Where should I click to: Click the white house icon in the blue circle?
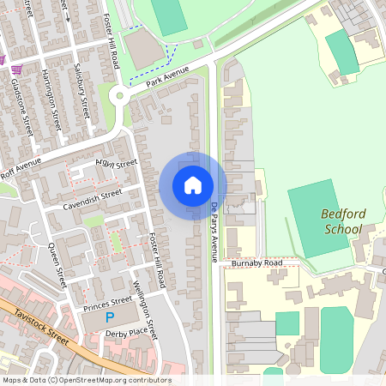[193, 185]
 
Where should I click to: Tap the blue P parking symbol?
[109, 317]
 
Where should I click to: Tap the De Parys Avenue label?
[214, 232]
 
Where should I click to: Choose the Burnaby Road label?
[256, 263]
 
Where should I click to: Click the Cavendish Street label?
[93, 200]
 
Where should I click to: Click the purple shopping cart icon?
[3, 59]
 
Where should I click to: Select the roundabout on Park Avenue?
[119, 95]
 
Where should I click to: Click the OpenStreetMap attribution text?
[87, 380]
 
